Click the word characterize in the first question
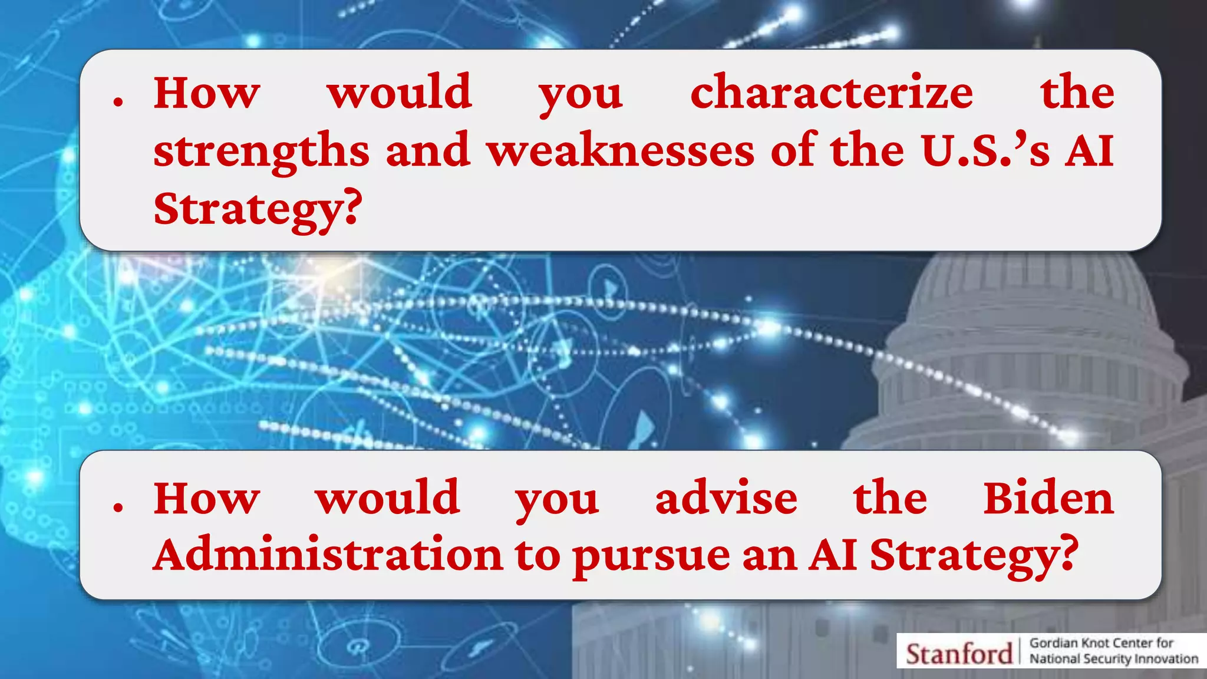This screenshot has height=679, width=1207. [x=831, y=93]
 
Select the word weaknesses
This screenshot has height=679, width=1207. [x=621, y=151]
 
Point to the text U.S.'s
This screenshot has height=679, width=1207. [x=985, y=151]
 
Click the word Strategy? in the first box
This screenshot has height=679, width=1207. [x=257, y=210]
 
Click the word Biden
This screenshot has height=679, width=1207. [x=1048, y=499]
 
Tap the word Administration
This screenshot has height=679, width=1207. [x=328, y=555]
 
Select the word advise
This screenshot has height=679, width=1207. [x=726, y=499]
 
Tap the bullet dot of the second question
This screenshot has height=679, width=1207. [x=118, y=507]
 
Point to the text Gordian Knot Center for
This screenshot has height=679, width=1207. [x=1101, y=643]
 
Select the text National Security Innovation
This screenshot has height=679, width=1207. [x=1113, y=659]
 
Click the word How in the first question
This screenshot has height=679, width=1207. [x=206, y=93]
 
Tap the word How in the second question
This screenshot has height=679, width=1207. [x=206, y=499]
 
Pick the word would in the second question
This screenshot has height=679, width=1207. [x=387, y=499]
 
